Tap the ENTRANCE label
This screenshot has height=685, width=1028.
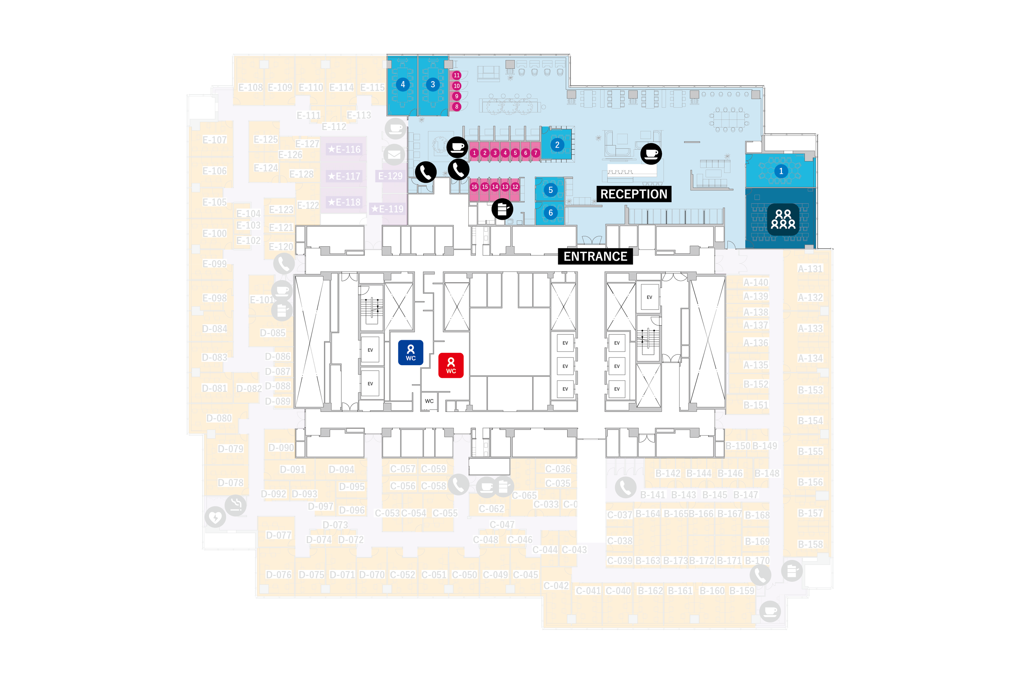595,256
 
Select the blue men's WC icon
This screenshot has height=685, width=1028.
410,352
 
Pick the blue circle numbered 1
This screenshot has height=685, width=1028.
781,171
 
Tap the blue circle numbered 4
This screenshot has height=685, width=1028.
402,84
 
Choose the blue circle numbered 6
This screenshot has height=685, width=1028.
550,213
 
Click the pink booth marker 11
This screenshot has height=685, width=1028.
456,75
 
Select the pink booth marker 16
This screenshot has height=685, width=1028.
474,187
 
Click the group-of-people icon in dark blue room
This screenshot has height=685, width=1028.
782,219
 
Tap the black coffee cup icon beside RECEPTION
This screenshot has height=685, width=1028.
651,154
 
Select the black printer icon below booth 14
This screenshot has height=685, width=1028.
502,209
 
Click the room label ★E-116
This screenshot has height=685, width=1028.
344,149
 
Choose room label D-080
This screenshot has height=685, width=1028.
219,418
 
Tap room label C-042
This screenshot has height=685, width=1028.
556,585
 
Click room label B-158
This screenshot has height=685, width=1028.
809,544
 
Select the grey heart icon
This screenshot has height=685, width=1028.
215,517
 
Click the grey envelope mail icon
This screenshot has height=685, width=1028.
394,155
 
